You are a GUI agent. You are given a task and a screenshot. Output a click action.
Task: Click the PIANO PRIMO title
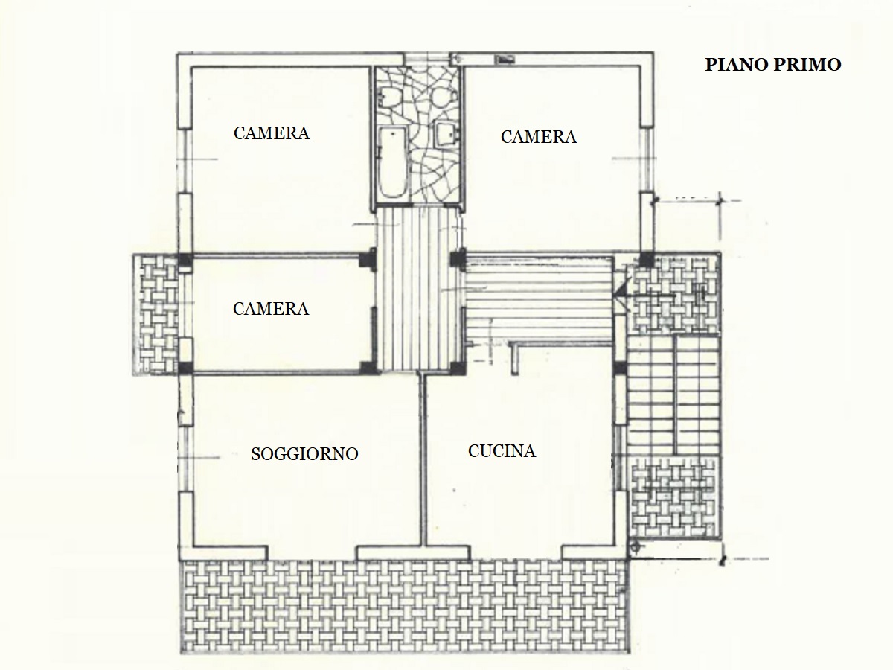[772, 65]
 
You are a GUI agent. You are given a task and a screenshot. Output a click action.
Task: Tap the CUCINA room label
[502, 451]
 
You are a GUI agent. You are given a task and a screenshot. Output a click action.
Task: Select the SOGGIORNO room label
[304, 454]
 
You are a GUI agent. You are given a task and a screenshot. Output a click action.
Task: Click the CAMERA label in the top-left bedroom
[272, 133]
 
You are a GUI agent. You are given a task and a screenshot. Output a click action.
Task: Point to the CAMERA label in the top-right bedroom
[538, 137]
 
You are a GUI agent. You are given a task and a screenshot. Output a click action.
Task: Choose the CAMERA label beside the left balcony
[271, 309]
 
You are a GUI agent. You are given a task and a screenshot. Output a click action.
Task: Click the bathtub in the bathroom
[392, 163]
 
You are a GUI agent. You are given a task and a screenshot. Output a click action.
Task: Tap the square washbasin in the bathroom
[447, 133]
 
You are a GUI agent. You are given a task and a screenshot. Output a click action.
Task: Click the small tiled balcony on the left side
[156, 313]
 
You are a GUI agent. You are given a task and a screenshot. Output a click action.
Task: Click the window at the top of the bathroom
[426, 59]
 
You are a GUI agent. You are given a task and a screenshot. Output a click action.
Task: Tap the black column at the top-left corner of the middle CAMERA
[185, 260]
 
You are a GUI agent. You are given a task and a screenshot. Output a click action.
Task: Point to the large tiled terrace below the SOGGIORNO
[404, 607]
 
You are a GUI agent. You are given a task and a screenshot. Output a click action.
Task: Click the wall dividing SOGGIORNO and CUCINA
[423, 459]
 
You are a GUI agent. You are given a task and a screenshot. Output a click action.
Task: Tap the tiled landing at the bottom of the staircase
[673, 497]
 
